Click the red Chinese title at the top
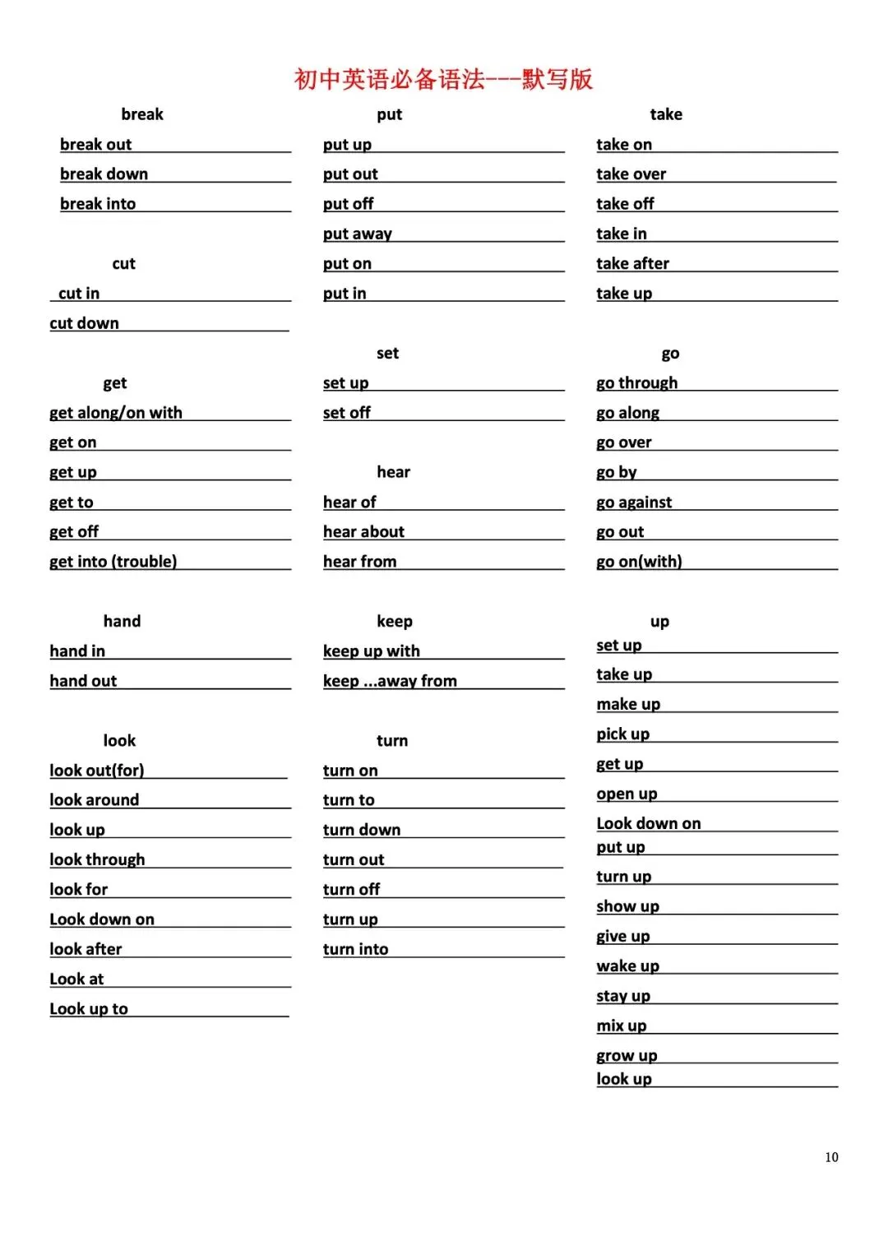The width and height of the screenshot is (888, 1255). pyautogui.click(x=443, y=79)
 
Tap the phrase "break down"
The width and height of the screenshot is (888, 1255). pyautogui.click(x=104, y=174)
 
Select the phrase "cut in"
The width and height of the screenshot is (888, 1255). pyautogui.click(x=79, y=293)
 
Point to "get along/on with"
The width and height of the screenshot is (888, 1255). pyautogui.click(x=116, y=412)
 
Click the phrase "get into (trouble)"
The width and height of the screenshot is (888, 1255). pyautogui.click(x=113, y=561)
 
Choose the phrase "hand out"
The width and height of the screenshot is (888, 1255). pyautogui.click(x=83, y=680)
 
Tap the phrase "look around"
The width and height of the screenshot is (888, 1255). pyautogui.click(x=95, y=799)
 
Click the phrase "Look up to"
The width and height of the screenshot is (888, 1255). pyautogui.click(x=89, y=1008)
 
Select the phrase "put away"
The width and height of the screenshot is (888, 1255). pyautogui.click(x=358, y=234)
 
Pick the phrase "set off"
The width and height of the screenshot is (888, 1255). pyautogui.click(x=347, y=412)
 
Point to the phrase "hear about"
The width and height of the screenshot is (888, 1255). pyautogui.click(x=363, y=531)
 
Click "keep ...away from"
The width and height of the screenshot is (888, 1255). pyautogui.click(x=390, y=680)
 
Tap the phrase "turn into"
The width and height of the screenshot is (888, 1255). pyautogui.click(x=355, y=948)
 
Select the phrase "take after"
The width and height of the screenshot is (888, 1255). pyautogui.click(x=632, y=263)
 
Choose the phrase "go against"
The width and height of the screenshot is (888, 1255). pyautogui.click(x=634, y=502)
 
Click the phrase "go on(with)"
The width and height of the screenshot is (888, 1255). pyautogui.click(x=639, y=561)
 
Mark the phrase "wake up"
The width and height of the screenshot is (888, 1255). pyautogui.click(x=627, y=966)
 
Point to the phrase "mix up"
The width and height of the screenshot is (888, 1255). pyautogui.click(x=621, y=1026)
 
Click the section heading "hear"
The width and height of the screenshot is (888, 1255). pyautogui.click(x=393, y=471)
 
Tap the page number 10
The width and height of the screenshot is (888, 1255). pyautogui.click(x=831, y=1157)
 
